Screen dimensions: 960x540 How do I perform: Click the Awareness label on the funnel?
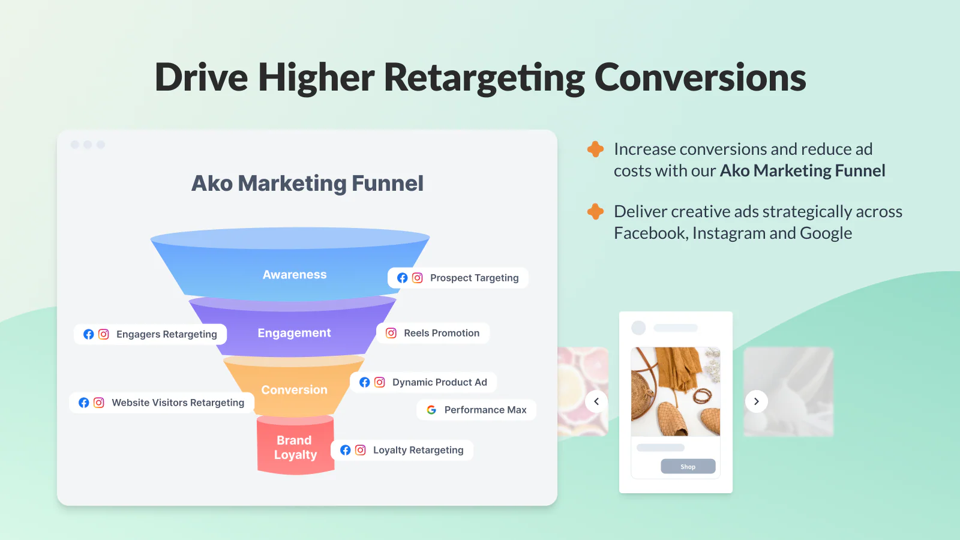pos(295,274)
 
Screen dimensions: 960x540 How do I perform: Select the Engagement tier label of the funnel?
pos(294,333)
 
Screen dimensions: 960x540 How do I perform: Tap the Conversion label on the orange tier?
pos(295,389)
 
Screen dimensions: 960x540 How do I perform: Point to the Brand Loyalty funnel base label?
pos(295,447)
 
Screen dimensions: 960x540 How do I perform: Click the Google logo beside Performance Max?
pos(431,410)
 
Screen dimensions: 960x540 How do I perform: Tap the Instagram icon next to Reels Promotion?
pos(391,333)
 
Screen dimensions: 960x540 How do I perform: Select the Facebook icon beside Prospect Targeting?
pos(402,278)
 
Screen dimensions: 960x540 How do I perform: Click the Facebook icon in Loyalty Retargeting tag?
pos(346,450)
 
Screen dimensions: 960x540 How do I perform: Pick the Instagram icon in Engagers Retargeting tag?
pos(103,334)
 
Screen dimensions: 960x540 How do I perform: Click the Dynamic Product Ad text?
pos(440,382)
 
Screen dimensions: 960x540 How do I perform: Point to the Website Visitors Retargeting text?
pos(178,403)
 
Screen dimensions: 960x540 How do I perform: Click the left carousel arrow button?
pos(596,401)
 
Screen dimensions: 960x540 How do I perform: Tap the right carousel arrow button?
pos(757,401)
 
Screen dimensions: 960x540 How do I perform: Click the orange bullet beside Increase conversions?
pos(595,149)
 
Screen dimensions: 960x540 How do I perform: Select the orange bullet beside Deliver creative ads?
pos(595,211)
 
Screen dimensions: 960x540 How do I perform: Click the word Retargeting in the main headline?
pos(484,78)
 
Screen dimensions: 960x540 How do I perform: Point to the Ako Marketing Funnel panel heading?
pos(307,184)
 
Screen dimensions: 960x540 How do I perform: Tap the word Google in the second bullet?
pos(826,233)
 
